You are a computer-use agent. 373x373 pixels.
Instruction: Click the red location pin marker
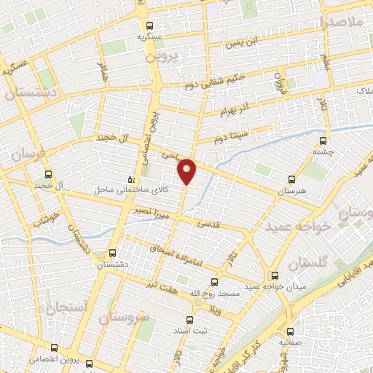[x=187, y=170]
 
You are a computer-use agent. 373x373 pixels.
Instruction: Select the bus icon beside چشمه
[x=323, y=142]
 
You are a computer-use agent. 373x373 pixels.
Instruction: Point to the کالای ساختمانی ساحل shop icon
[x=131, y=178]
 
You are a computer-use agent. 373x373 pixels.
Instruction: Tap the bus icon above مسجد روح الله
[x=214, y=281]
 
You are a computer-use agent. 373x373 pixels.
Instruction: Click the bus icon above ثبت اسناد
[x=190, y=320]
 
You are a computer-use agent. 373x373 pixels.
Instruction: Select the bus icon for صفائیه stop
[x=290, y=329]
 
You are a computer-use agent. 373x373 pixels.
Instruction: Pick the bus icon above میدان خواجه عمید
[x=275, y=276]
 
